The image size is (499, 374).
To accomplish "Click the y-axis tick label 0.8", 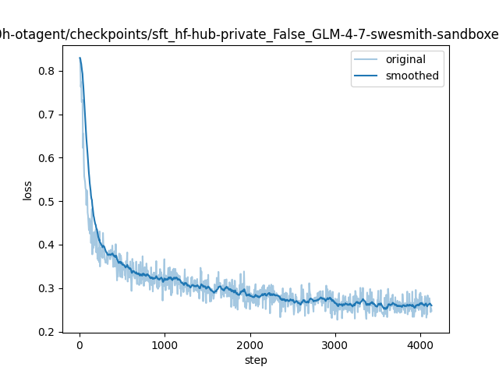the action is pyautogui.click(x=46, y=71).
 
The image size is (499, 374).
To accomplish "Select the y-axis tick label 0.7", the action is pyautogui.click(x=46, y=115).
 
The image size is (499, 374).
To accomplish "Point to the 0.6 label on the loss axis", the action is pyautogui.click(x=46, y=158).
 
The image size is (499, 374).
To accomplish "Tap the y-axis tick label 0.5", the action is pyautogui.click(x=46, y=202).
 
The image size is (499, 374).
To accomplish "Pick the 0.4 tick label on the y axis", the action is pyautogui.click(x=46, y=245).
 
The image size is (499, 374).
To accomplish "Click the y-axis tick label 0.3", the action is pyautogui.click(x=46, y=288).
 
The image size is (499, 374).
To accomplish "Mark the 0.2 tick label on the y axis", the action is pyautogui.click(x=46, y=332).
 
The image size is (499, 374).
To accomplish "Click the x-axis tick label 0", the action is pyautogui.click(x=80, y=345).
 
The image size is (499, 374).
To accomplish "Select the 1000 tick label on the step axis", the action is pyautogui.click(x=165, y=345).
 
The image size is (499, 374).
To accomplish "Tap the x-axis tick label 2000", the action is pyautogui.click(x=250, y=345).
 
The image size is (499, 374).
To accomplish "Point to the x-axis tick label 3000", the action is pyautogui.click(x=335, y=345).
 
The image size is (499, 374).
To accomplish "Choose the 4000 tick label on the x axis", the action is pyautogui.click(x=420, y=345).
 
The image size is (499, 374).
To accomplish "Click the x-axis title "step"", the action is pyautogui.click(x=256, y=360).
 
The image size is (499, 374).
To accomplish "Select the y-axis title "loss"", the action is pyautogui.click(x=27, y=191).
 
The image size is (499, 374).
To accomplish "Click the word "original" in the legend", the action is pyautogui.click(x=405, y=59).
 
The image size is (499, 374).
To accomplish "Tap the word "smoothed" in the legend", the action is pyautogui.click(x=412, y=76).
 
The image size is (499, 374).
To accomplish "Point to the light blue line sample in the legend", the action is pyautogui.click(x=366, y=59).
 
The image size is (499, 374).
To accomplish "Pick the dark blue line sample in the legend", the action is pyautogui.click(x=366, y=76).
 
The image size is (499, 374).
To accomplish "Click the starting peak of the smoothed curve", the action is pyautogui.click(x=80, y=58).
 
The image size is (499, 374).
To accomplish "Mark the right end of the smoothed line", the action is pyautogui.click(x=431, y=305).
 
